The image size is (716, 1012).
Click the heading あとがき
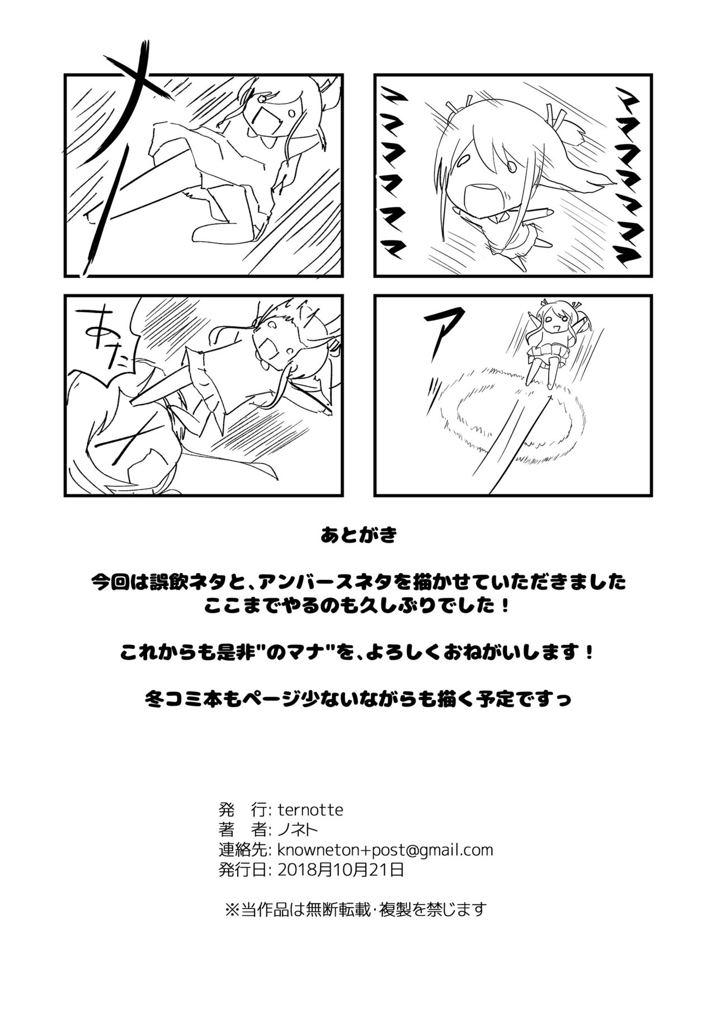[359, 536]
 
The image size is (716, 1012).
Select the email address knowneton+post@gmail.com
[385, 850]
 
